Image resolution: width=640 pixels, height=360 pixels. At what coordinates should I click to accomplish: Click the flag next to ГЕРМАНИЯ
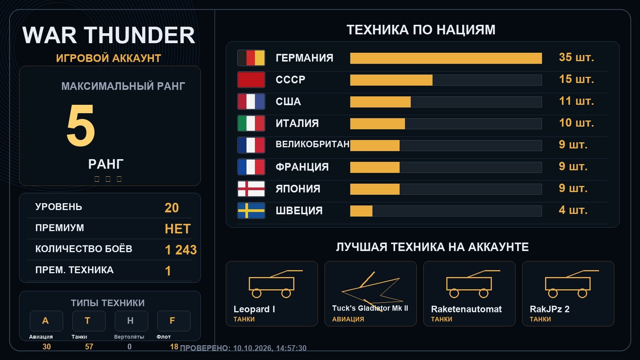251,58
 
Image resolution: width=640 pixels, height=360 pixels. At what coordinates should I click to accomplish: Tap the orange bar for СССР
391,80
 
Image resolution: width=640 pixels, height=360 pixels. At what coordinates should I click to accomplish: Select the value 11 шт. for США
576,101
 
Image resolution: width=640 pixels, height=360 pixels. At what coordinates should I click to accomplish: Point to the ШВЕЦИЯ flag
251,210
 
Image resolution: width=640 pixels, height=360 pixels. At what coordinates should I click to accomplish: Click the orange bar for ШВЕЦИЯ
361,211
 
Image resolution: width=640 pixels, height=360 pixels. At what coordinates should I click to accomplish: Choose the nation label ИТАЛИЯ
297,124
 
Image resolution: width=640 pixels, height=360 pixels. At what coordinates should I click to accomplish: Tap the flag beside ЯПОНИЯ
251,189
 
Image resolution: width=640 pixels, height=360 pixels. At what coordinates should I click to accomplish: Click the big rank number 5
80,125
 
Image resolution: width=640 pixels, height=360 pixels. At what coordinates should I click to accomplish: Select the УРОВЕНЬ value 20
172,208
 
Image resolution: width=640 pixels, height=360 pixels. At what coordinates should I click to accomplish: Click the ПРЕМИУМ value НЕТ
178,229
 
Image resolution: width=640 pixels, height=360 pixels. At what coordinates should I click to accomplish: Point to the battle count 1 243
181,250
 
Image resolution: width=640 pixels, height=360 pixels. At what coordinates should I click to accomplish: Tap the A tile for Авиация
46,321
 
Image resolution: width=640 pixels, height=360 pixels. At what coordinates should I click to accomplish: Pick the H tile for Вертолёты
132,321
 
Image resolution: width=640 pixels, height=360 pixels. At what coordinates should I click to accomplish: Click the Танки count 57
89,347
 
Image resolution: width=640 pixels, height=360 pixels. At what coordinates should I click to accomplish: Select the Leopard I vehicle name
254,309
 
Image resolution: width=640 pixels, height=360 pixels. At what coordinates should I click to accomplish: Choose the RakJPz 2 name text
550,309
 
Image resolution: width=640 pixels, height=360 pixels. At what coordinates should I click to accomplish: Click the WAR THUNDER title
108,35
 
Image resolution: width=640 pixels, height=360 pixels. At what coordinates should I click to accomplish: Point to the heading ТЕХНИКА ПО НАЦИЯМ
421,30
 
